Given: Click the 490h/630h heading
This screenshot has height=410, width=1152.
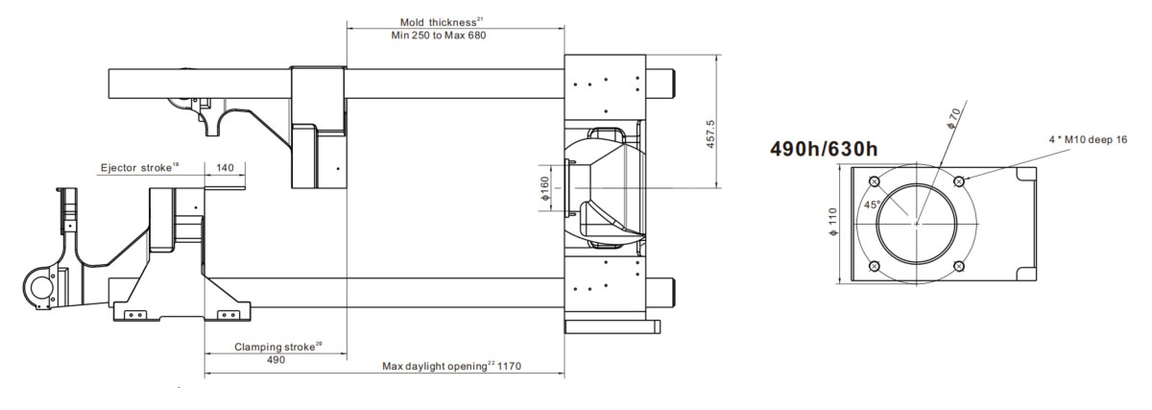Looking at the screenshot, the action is (824, 149).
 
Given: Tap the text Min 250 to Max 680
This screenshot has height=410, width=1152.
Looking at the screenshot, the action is (438, 36).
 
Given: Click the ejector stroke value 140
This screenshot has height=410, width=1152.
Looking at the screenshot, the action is (225, 168).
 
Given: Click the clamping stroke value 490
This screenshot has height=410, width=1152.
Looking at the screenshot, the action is (276, 359).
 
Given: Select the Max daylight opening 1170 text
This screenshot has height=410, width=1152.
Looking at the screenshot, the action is (451, 366).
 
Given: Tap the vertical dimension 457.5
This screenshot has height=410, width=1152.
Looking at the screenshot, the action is (710, 133).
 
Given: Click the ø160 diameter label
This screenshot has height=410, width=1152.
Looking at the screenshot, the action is (544, 188).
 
